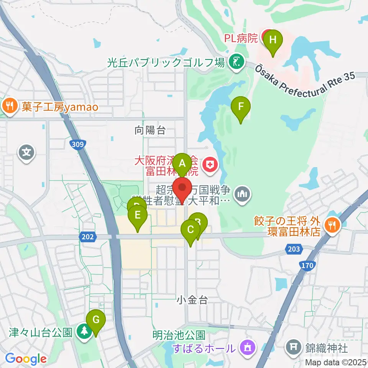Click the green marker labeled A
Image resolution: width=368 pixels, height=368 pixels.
coord(182,163)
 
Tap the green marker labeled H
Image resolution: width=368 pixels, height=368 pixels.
coord(273,39)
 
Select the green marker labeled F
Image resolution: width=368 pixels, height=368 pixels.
coord(241,107)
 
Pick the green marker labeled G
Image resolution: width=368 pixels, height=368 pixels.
coord(95,319)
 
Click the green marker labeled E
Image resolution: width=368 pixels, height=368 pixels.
coord(138,215)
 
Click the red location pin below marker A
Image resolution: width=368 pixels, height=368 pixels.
coord(182,187)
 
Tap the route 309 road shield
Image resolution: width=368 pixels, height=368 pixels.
coord(77,144)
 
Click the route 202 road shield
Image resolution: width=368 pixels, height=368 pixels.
coord(87,238)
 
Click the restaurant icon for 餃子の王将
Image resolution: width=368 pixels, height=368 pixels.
coord(330,224)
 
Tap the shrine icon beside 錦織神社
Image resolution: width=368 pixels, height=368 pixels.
coord(293,348)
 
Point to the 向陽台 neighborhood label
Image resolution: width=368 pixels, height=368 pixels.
coord(150,131)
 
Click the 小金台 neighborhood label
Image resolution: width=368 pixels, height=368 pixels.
coord(192,300)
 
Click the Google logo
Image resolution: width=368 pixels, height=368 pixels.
coord(26,359)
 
